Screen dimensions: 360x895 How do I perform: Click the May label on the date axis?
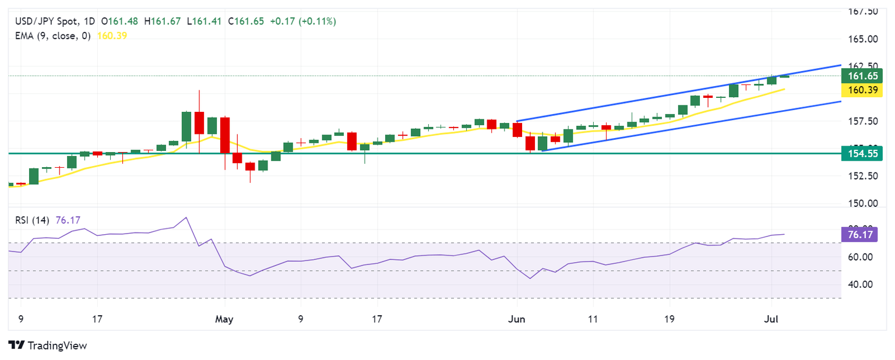pyautogui.click(x=224, y=319)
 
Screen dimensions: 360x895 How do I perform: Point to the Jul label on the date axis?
pyautogui.click(x=771, y=319)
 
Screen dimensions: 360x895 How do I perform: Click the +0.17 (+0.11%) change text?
pyautogui.click(x=304, y=21)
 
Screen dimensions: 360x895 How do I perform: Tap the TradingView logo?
pyautogui.click(x=48, y=345)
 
